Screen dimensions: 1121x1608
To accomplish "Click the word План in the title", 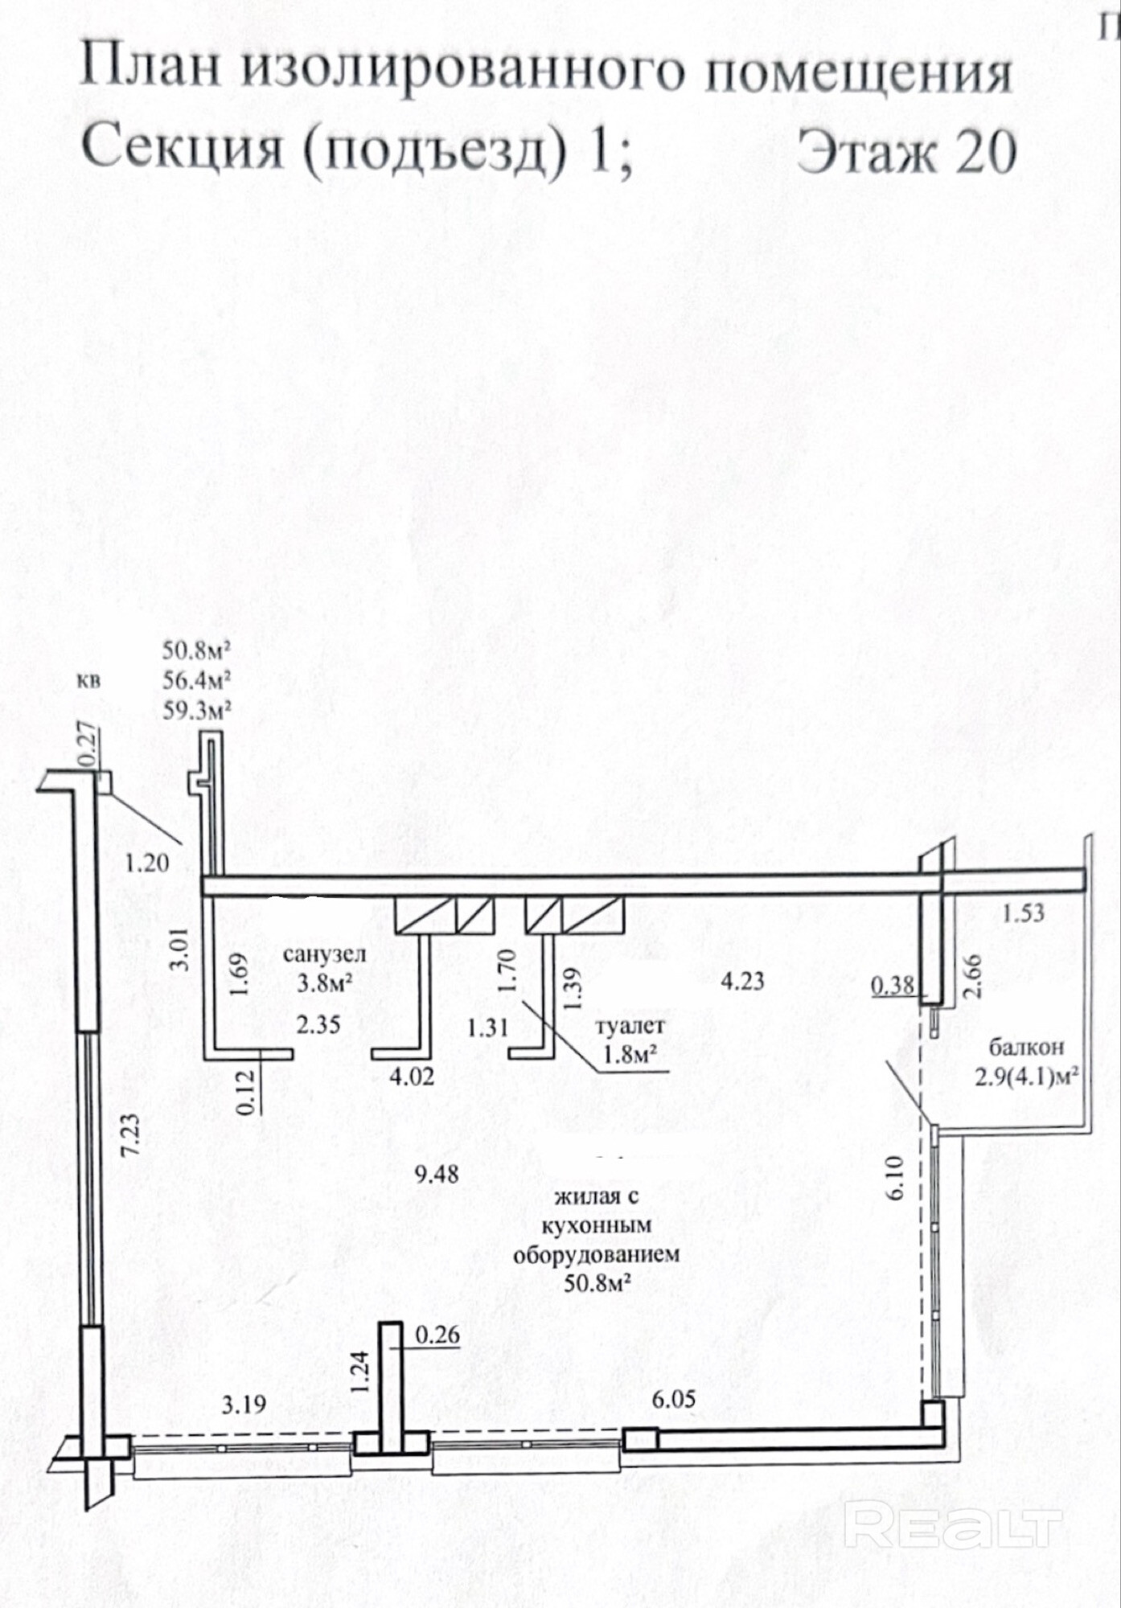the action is coord(150,69).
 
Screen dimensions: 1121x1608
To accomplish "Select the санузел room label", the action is coord(324,954).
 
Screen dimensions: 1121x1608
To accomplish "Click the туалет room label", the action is coord(630,1026).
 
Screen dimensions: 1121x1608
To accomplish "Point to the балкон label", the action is coord(1026,1047).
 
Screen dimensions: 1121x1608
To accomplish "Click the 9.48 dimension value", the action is coord(437,1173).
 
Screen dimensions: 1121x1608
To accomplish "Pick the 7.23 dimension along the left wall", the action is coord(131,1134).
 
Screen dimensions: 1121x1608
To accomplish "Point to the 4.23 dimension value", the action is coord(742,981).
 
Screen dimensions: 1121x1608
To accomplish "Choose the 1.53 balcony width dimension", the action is coord(1024,913).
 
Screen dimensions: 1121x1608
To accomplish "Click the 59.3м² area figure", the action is coord(197,711).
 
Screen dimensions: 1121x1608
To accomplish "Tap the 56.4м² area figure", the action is coord(197,681).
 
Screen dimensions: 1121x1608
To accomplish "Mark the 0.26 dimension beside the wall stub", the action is coord(437,1335).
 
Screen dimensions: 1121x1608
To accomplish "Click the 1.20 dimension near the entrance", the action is coord(147,863).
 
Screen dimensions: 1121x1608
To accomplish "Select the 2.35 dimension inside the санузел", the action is coord(318,1024).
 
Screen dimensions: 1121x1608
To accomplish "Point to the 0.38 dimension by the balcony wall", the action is coord(893,985).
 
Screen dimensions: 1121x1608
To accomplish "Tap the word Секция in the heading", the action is coord(183,150).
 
